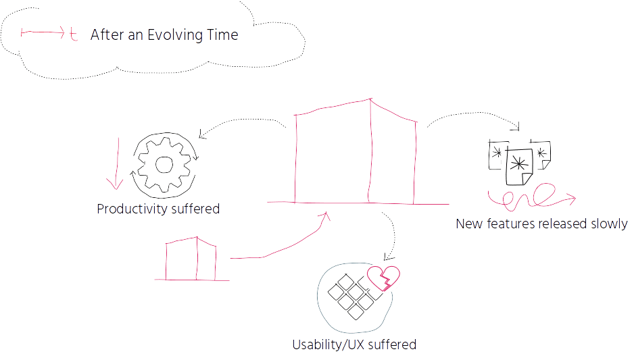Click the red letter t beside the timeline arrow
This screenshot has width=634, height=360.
[x=73, y=34]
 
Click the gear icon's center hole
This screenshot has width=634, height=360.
[x=164, y=164]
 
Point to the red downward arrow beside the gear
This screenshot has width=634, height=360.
[x=117, y=163]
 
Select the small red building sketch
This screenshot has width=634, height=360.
[x=192, y=259]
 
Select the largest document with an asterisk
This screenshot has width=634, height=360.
[x=520, y=166]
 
